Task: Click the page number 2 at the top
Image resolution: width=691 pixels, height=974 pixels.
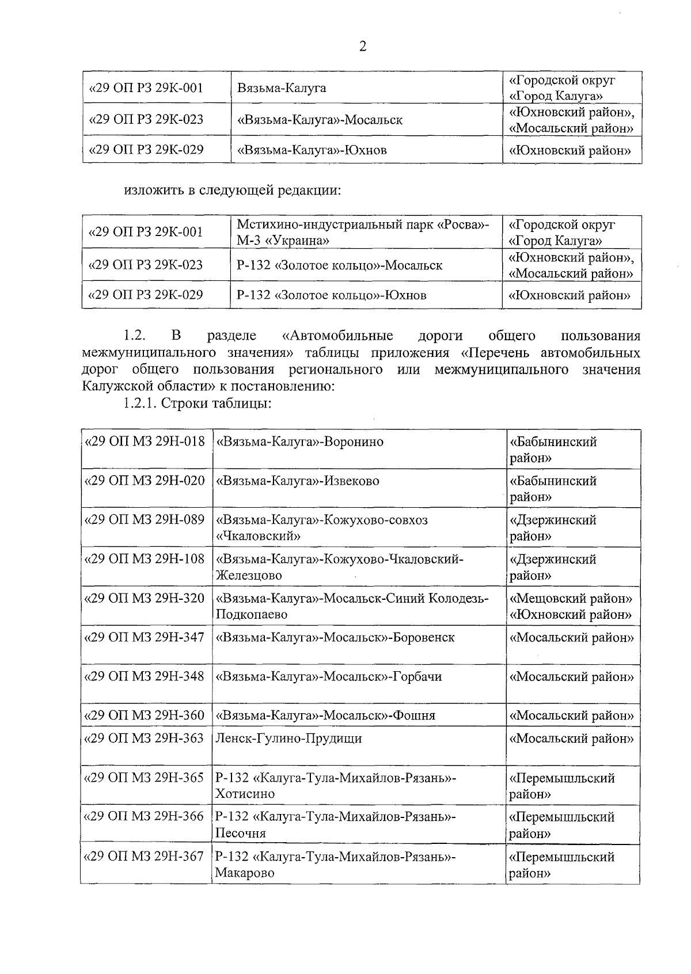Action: click(x=362, y=47)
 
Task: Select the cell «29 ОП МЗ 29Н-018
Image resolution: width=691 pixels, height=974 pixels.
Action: click(x=145, y=442)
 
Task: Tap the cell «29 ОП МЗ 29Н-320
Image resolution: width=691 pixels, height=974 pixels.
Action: click(x=145, y=598)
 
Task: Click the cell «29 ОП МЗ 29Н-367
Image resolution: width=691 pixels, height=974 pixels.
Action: click(x=145, y=857)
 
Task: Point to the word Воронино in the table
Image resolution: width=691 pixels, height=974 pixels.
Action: click(x=354, y=442)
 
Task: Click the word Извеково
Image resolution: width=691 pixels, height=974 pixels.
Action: click(x=352, y=481)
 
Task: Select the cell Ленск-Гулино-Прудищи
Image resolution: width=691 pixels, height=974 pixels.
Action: click(x=288, y=738)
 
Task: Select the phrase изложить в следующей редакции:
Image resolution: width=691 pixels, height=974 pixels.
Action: click(x=233, y=190)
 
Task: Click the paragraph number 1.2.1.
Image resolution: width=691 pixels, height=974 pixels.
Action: click(x=139, y=403)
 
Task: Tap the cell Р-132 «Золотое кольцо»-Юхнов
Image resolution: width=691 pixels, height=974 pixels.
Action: click(x=332, y=295)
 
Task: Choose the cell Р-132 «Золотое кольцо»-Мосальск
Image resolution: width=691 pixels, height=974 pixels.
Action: click(x=340, y=265)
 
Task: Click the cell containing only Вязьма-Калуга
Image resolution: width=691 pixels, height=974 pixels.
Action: click(x=282, y=88)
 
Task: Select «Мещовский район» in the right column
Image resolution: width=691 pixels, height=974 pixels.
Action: click(x=572, y=598)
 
